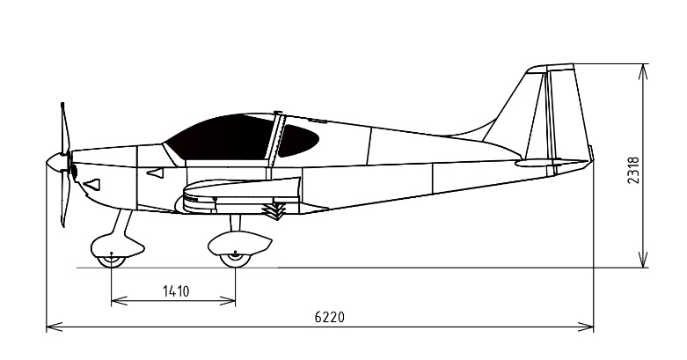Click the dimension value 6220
[330, 317]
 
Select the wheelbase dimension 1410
[176, 291]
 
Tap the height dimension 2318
[633, 171]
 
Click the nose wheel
[112, 261]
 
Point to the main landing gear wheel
[235, 260]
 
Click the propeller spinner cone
[56, 162]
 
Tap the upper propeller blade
[65, 127]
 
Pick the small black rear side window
[297, 140]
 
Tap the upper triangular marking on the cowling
[156, 173]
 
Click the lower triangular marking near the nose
[92, 184]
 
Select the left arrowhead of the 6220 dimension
[54, 327]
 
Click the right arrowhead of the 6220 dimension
[586, 327]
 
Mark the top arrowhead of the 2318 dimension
[644, 71]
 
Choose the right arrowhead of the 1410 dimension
[228, 301]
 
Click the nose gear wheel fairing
[117, 246]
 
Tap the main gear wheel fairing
[239, 243]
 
